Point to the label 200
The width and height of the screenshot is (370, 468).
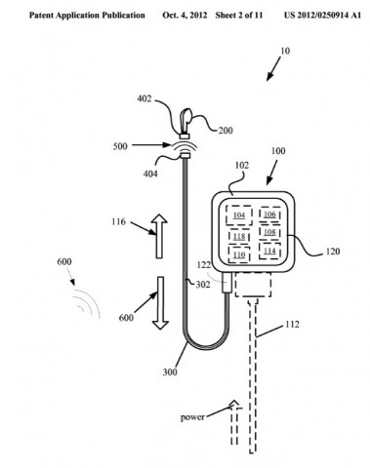pyautogui.click(x=226, y=130)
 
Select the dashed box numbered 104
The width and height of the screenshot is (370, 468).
pyautogui.click(x=240, y=215)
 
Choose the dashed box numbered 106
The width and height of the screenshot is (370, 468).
pyautogui.click(x=270, y=215)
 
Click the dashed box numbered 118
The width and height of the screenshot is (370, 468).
pyautogui.click(x=240, y=235)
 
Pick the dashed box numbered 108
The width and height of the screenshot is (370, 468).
pyautogui.click(x=270, y=234)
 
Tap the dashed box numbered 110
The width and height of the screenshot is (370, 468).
pyautogui.click(x=240, y=254)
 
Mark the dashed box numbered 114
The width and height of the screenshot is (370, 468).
pyautogui.click(x=270, y=252)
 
